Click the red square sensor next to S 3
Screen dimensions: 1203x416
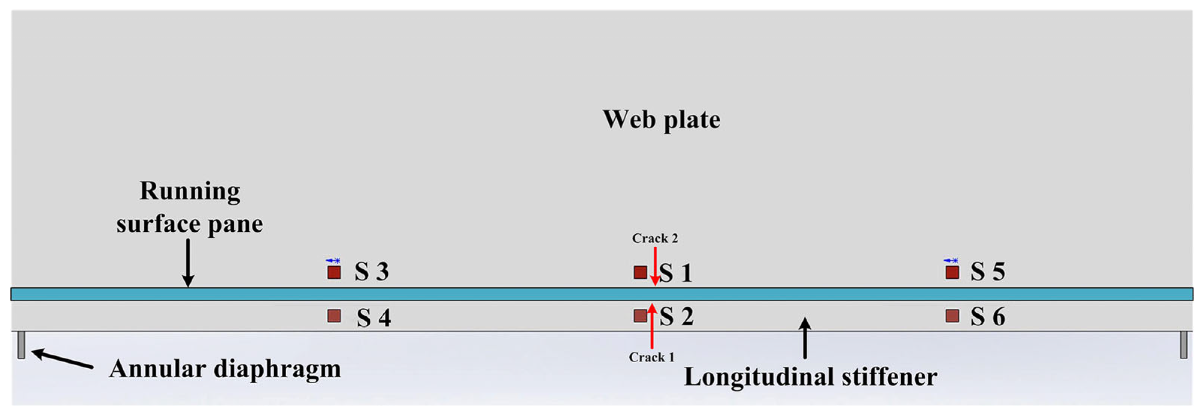pos(334,272)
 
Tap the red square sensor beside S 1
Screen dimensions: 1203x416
pos(640,272)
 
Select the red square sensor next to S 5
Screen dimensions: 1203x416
pos(952,272)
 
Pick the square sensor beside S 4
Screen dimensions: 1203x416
pos(334,316)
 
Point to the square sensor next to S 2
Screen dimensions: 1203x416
pos(640,316)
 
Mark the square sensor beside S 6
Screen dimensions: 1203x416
pos(952,316)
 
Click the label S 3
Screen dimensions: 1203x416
pos(371,272)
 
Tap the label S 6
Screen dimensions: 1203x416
pos(988,317)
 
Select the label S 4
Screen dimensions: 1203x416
pos(373,318)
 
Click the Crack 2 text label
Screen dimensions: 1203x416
pos(655,238)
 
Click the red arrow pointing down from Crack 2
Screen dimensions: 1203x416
pos(655,266)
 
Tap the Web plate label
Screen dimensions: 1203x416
pos(661,120)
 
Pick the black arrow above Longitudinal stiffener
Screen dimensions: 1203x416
pos(805,337)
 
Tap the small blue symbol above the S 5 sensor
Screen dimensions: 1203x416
pos(951,260)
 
